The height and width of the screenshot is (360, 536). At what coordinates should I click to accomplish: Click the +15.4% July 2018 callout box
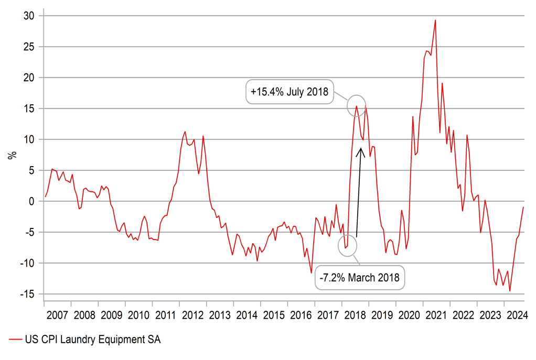pyautogui.click(x=290, y=93)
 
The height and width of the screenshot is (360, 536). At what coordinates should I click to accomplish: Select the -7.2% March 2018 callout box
pyautogui.click(x=361, y=277)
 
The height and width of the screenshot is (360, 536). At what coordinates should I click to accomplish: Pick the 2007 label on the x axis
pyautogui.click(x=57, y=315)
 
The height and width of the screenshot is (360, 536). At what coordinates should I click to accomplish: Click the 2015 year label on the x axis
pyautogui.click(x=274, y=315)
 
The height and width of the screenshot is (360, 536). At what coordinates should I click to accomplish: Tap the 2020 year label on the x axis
pyautogui.click(x=409, y=315)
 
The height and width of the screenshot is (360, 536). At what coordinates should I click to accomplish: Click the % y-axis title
pyautogui.click(x=13, y=155)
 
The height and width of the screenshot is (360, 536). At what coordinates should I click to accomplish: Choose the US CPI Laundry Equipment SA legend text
pyautogui.click(x=92, y=340)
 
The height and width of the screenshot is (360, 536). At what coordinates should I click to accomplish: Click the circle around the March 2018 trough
pyautogui.click(x=347, y=245)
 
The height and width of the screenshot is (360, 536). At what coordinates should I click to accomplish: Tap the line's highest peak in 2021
pyautogui.click(x=435, y=20)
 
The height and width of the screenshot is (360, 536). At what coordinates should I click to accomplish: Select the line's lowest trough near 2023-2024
pyautogui.click(x=510, y=291)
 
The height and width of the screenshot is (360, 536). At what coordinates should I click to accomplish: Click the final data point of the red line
pyautogui.click(x=523, y=207)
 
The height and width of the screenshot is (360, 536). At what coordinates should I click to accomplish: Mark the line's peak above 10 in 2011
pyautogui.click(x=185, y=132)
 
